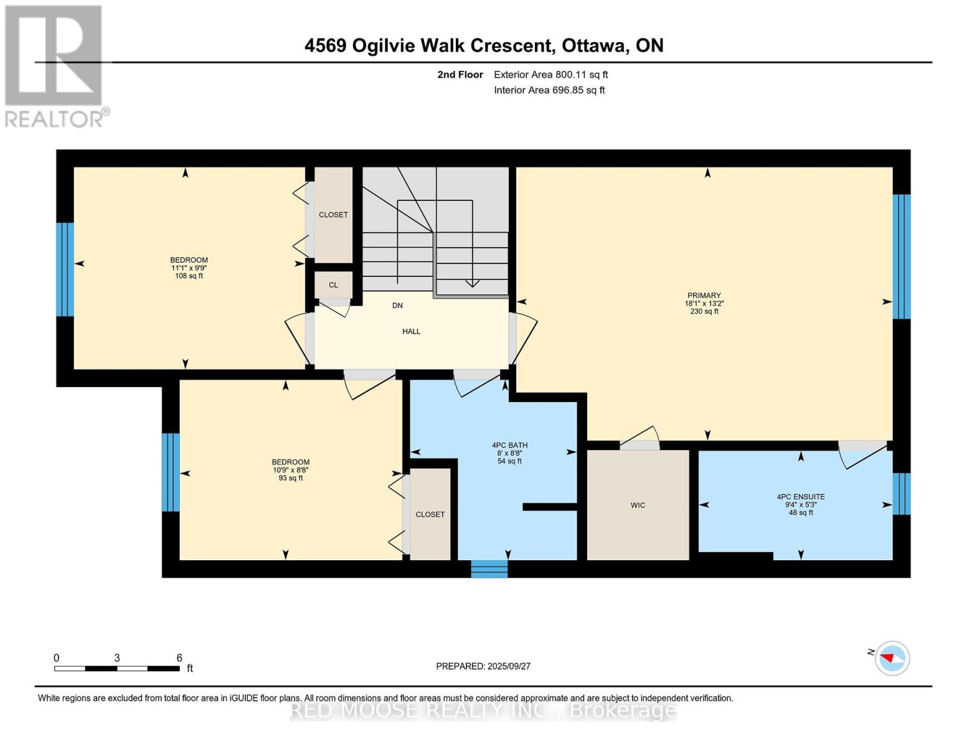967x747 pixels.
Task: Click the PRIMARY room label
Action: [x=704, y=295]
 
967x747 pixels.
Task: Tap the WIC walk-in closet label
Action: [x=638, y=505]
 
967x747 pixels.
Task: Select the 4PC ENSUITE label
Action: [x=801, y=497]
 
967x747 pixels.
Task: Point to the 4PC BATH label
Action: [x=509, y=445]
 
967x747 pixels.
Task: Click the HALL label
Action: [x=411, y=331]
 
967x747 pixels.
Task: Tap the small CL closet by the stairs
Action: [x=333, y=285]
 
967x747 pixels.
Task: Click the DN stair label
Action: [x=397, y=305]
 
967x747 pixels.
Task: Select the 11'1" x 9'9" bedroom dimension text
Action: [x=189, y=268]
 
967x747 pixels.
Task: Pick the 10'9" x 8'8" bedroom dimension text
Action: [x=291, y=470]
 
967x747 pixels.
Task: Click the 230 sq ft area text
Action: [x=704, y=311]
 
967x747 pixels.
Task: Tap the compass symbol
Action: [x=892, y=658]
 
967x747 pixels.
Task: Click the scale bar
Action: [x=117, y=668]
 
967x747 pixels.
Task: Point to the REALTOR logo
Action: [x=56, y=66]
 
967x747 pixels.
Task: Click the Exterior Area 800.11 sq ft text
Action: [x=551, y=74]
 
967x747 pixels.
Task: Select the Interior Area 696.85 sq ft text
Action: [x=550, y=90]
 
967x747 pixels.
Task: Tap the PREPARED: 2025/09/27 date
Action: [x=483, y=666]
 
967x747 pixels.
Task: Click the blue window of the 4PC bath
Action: [x=489, y=569]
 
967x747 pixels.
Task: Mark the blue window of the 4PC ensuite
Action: [x=902, y=494]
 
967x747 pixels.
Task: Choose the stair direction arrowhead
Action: [x=472, y=283]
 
